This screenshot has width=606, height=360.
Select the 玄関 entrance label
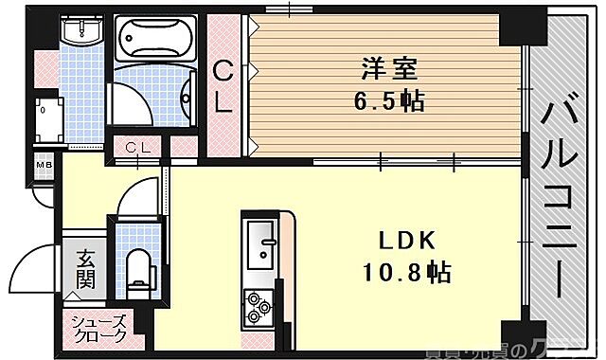[85, 267]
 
